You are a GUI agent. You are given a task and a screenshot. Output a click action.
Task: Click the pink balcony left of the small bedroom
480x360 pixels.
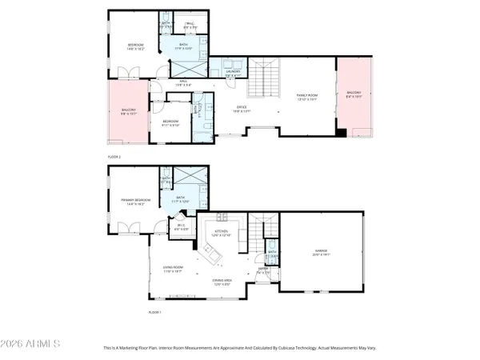(x=128, y=111)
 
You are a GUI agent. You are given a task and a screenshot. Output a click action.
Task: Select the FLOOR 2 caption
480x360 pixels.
(x=114, y=158)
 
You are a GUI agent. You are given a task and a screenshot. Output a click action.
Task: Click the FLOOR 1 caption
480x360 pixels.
(x=154, y=311)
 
